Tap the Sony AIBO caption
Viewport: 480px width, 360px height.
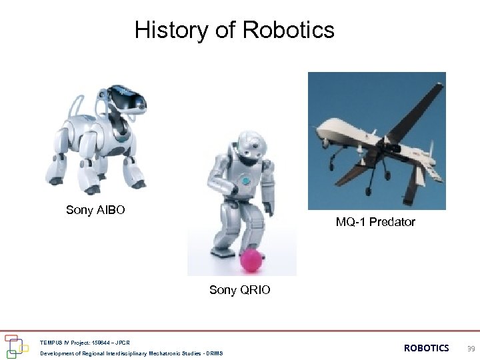pyautogui.click(x=95, y=211)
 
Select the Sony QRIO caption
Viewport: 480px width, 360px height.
pyautogui.click(x=240, y=290)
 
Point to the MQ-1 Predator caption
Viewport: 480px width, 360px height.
pyautogui.click(x=375, y=222)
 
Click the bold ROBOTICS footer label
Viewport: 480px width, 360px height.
pyautogui.click(x=427, y=348)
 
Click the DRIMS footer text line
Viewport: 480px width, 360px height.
pyautogui.click(x=131, y=353)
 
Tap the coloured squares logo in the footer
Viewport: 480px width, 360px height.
pyautogui.click(x=17, y=345)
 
